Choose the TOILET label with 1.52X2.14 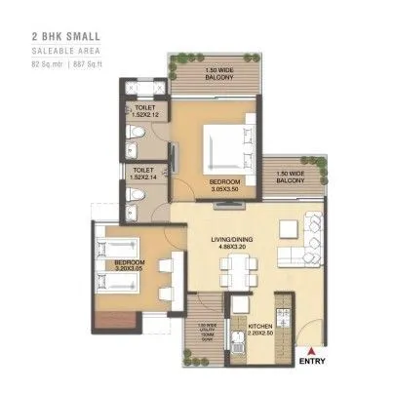(x=143, y=174)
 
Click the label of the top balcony (x=211, y=76)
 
